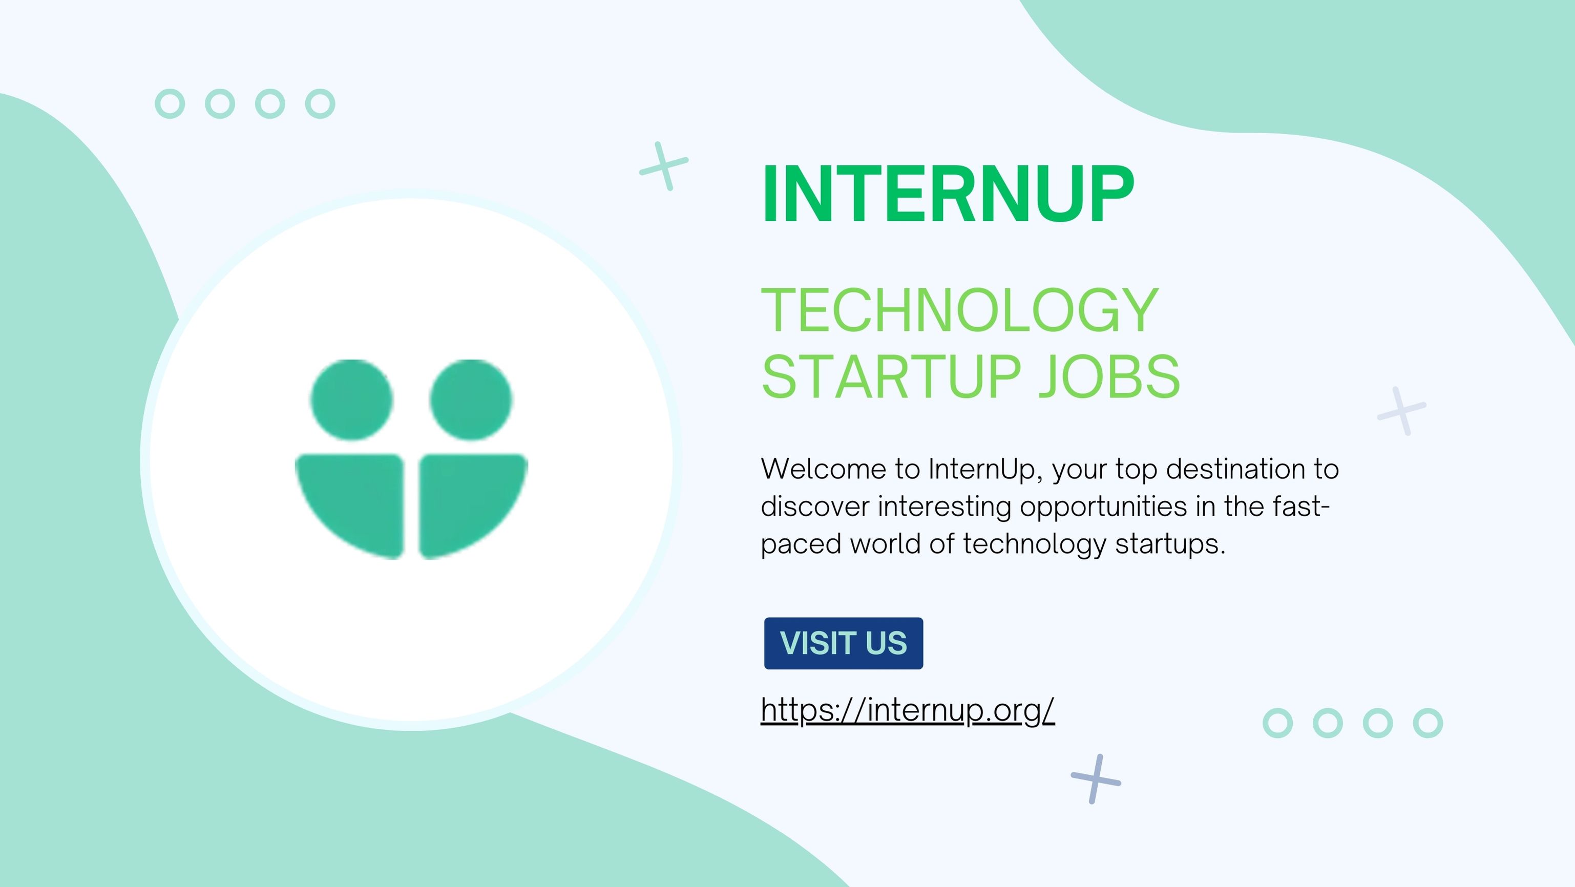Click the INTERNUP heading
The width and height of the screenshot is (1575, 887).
pyautogui.click(x=948, y=195)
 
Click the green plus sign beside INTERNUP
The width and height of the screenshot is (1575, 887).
pyautogui.click(x=664, y=166)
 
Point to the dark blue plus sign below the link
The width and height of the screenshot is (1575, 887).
pyautogui.click(x=1096, y=779)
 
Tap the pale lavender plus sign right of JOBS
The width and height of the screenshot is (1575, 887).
pyautogui.click(x=1401, y=411)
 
